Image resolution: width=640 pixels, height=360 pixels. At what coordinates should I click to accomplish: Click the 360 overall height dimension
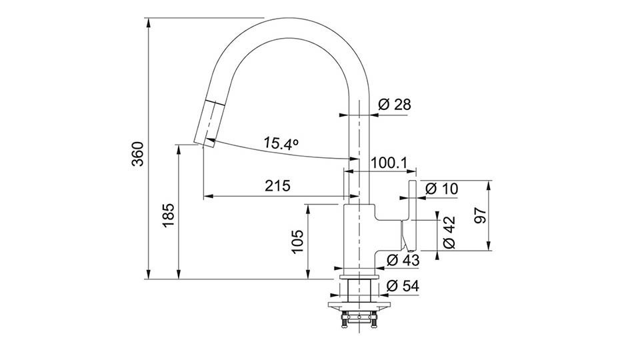139,154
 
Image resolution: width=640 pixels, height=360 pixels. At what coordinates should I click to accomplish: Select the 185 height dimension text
168,215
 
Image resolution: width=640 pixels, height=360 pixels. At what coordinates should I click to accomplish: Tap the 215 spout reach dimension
277,186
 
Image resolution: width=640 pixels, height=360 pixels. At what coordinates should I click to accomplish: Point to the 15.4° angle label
281,143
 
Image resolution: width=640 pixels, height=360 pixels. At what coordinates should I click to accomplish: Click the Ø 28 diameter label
394,105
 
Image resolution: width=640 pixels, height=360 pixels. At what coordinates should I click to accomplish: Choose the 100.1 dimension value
389,163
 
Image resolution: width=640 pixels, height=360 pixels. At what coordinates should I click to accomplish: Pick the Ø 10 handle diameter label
441,189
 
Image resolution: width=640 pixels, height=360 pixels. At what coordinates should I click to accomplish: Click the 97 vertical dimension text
481,215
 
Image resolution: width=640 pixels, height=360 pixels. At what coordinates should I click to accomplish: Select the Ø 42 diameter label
449,232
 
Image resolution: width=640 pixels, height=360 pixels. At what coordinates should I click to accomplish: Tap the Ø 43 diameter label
403,259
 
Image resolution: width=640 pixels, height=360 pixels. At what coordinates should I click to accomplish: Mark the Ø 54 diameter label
403,286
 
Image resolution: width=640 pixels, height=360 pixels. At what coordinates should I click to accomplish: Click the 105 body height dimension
297,241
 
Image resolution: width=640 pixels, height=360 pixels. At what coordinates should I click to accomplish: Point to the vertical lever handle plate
411,215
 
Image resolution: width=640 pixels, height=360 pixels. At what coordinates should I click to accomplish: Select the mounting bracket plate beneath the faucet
359,305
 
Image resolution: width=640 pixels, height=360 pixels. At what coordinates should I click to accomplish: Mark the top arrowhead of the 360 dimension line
149,23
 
